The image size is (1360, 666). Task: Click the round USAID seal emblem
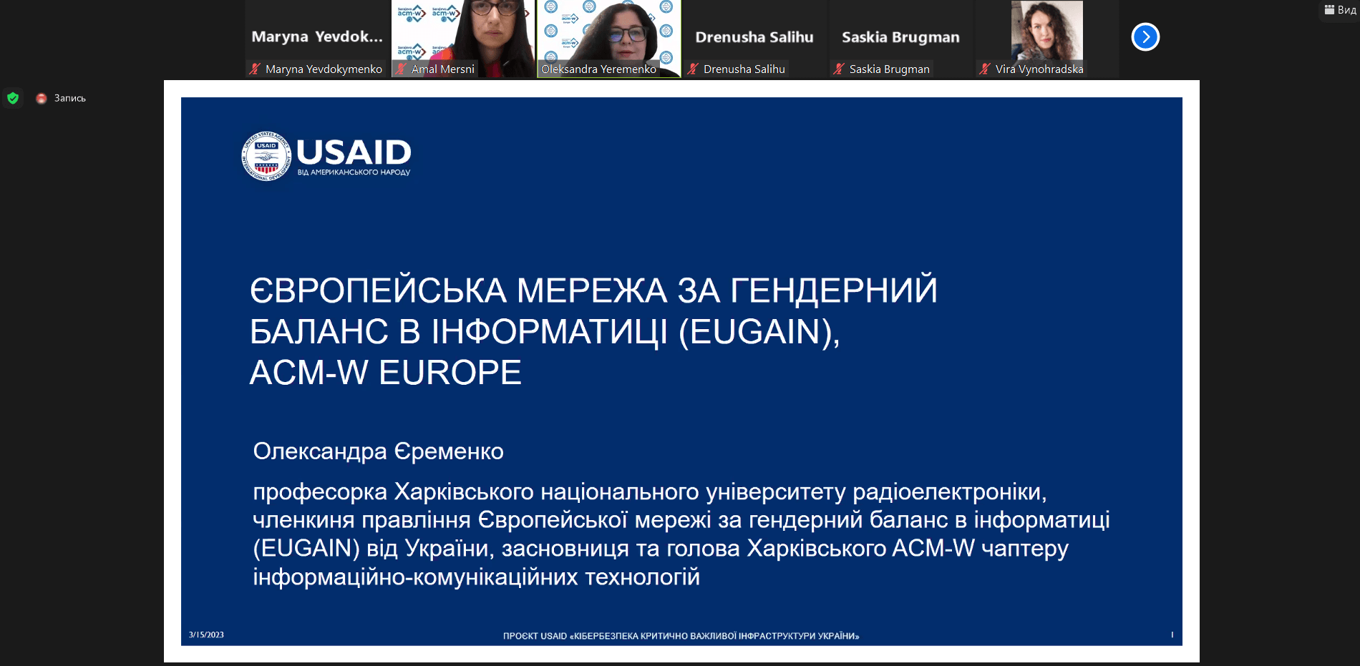(266, 156)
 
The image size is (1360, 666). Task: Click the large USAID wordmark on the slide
(354, 152)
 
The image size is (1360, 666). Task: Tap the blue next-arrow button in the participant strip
(1145, 37)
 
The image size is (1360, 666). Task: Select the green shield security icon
(13, 98)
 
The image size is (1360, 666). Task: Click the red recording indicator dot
(42, 98)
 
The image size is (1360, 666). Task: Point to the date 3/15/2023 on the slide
(206, 635)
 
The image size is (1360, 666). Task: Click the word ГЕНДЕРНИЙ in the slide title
(834, 290)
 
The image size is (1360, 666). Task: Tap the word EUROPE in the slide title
(450, 373)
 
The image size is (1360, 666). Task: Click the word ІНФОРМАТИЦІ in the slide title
(550, 332)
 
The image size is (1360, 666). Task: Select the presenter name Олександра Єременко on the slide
(378, 451)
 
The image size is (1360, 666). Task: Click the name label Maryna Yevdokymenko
(324, 69)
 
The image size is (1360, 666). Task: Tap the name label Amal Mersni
(443, 69)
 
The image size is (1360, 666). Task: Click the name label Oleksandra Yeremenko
(598, 69)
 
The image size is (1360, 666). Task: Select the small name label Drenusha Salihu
(744, 69)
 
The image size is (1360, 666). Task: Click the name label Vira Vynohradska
(1039, 69)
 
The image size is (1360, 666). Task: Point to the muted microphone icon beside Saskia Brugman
(839, 69)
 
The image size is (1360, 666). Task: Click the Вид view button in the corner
(1340, 10)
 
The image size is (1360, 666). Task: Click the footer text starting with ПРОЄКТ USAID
(681, 636)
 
